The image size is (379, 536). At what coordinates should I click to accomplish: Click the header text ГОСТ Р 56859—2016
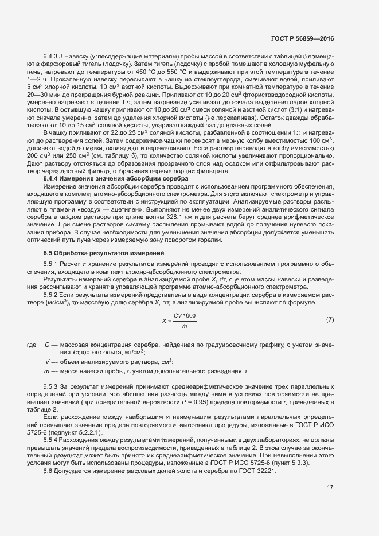302,38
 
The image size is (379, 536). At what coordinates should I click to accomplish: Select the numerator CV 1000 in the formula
185,316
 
